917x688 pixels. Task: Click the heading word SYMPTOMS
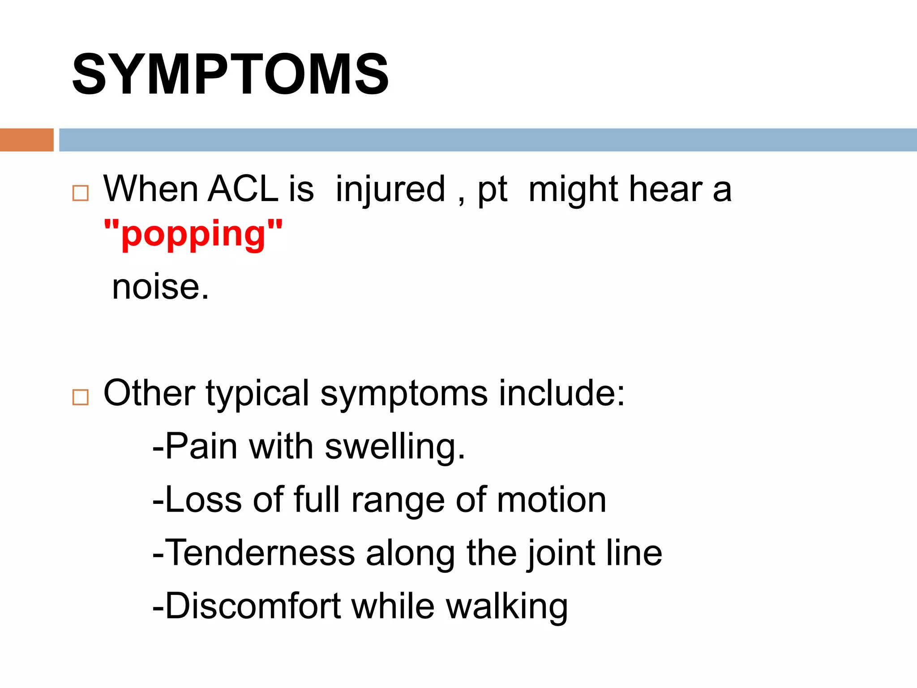pyautogui.click(x=230, y=74)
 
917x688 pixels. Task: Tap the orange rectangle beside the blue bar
pyautogui.click(x=26, y=140)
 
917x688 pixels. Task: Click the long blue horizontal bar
pyautogui.click(x=487, y=140)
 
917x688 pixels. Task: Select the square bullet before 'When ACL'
pyautogui.click(x=81, y=193)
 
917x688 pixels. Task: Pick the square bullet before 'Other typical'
pyautogui.click(x=81, y=397)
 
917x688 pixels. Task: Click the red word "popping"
pyautogui.click(x=193, y=234)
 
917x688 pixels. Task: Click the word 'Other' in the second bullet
pyautogui.click(x=150, y=393)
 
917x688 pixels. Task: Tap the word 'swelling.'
pyautogui.click(x=395, y=447)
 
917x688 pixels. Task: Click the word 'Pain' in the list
pyautogui.click(x=201, y=446)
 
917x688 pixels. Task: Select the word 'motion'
pyautogui.click(x=551, y=500)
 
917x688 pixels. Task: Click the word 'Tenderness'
pyautogui.click(x=260, y=553)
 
